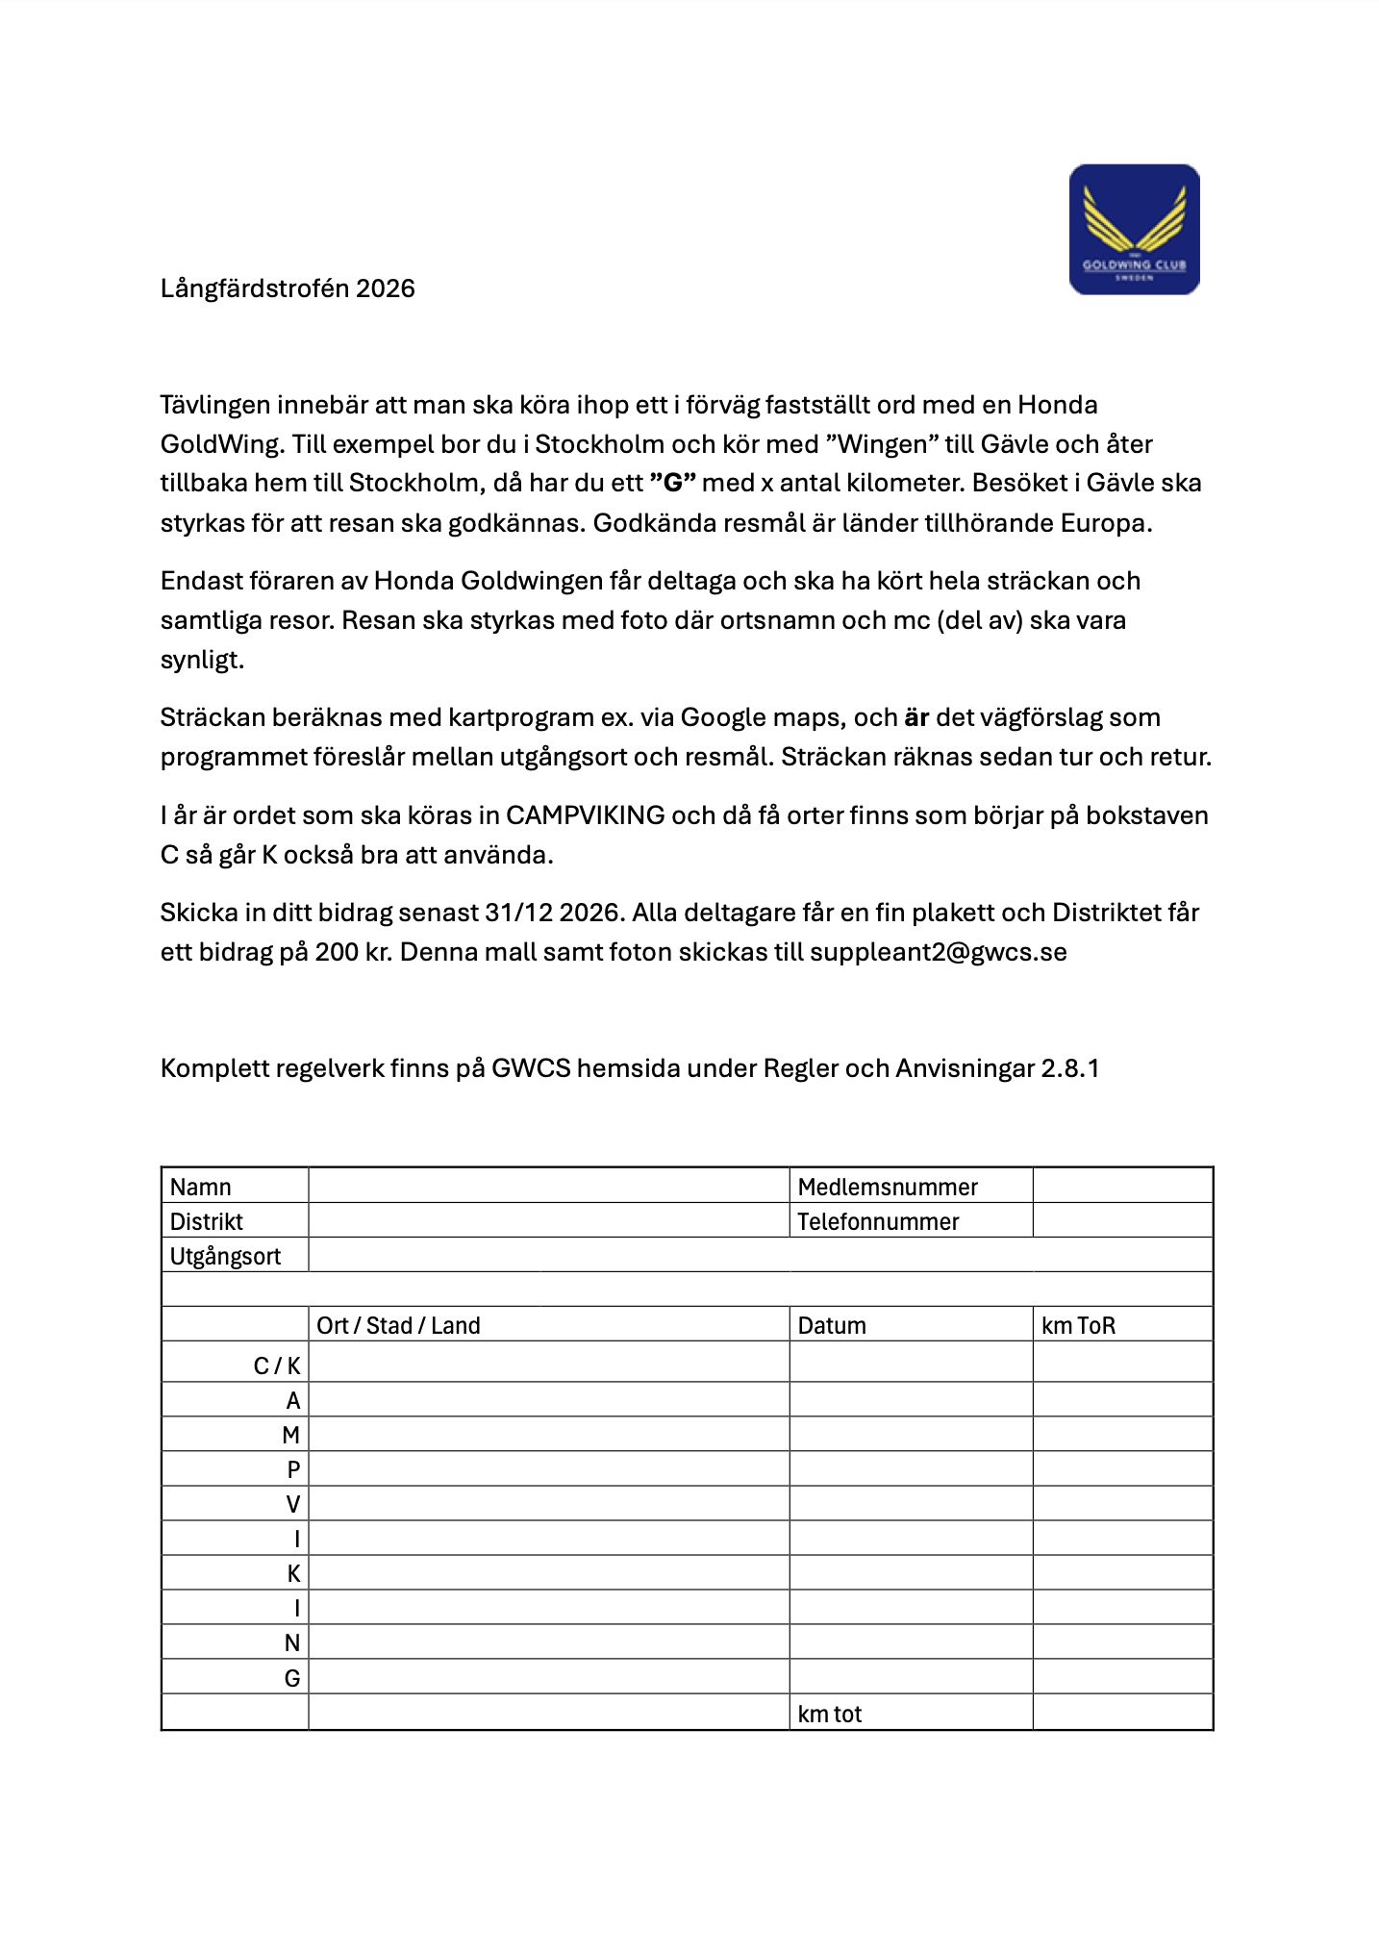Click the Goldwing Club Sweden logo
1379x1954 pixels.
(1134, 229)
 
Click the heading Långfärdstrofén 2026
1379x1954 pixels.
(288, 288)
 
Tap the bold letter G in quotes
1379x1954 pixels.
(672, 483)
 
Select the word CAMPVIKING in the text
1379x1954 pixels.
(585, 815)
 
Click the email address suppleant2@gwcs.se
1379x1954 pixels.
(938, 952)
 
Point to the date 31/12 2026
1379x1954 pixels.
(552, 913)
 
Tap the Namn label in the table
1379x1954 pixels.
(201, 1187)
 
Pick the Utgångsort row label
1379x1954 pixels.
(226, 1256)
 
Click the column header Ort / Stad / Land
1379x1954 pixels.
(398, 1325)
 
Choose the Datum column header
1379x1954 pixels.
(832, 1325)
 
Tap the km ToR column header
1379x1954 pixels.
(1078, 1325)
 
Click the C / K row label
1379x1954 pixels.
(277, 1365)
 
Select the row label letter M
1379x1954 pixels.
(290, 1435)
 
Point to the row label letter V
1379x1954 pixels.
(292, 1504)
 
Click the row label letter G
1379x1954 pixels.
(292, 1678)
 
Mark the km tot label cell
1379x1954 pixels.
(830, 1714)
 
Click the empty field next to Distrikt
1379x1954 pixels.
(548, 1221)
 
